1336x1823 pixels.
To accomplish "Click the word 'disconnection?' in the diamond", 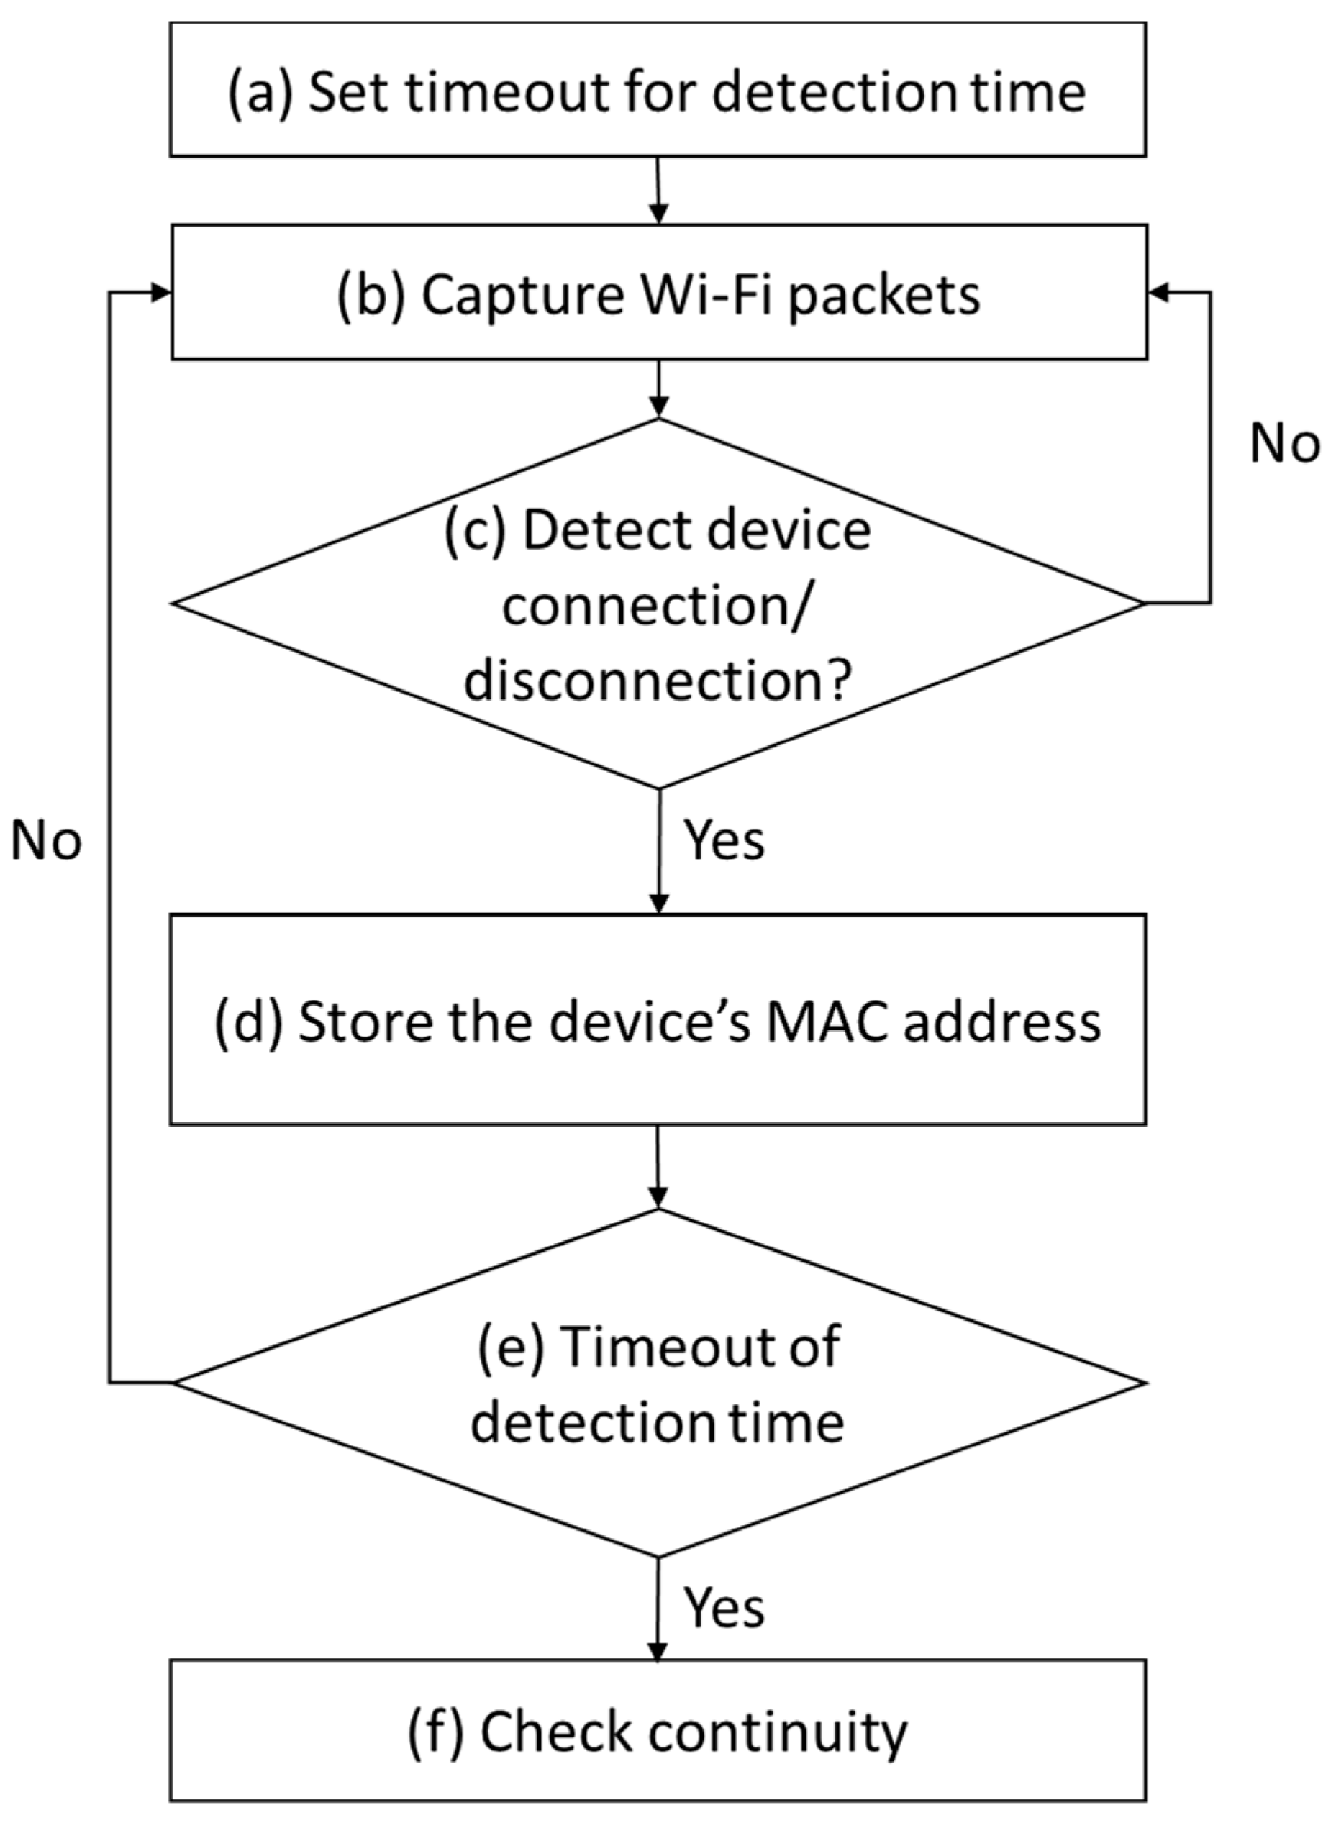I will point(658,679).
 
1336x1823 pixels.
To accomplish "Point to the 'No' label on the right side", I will point(1284,444).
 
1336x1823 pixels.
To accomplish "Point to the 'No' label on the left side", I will point(46,841).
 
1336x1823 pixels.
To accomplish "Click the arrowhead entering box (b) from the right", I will point(1159,293).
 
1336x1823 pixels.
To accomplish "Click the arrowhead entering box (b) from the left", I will point(160,293).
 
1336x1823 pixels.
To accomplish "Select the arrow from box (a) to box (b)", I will point(658,190).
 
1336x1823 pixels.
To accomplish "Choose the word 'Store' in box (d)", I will point(365,1022).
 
